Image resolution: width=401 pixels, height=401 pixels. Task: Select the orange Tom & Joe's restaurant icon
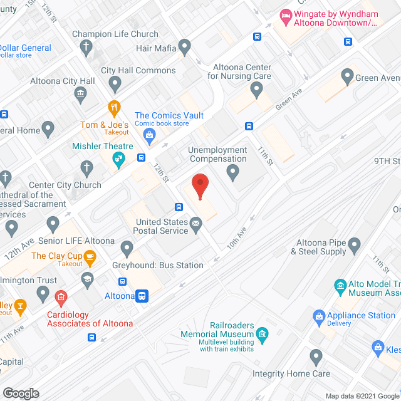(113, 108)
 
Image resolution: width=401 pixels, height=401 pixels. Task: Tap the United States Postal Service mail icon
(196, 222)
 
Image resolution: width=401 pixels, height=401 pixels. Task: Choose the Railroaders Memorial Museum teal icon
(262, 334)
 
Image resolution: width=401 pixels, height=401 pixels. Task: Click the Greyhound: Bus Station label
(157, 265)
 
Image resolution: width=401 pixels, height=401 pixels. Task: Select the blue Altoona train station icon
(143, 296)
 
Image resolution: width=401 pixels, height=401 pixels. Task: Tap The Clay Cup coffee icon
(90, 256)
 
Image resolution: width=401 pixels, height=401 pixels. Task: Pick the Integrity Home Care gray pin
(316, 357)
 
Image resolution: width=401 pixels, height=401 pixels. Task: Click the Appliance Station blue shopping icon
(318, 315)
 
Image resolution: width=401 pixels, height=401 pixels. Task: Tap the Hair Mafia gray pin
(184, 46)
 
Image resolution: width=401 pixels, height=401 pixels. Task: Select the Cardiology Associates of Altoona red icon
(61, 296)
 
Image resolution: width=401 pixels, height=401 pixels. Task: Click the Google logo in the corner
(20, 393)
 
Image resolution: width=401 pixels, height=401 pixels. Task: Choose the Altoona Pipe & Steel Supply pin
(355, 244)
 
